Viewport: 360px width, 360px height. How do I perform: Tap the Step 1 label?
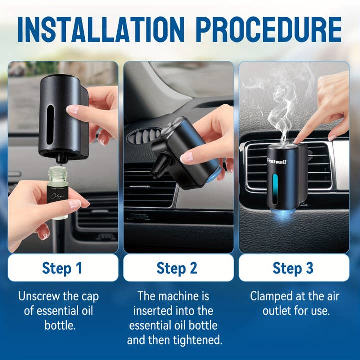click(x=62, y=268)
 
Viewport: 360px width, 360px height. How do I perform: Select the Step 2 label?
click(x=177, y=268)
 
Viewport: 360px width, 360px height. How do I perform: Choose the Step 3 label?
click(x=293, y=268)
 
